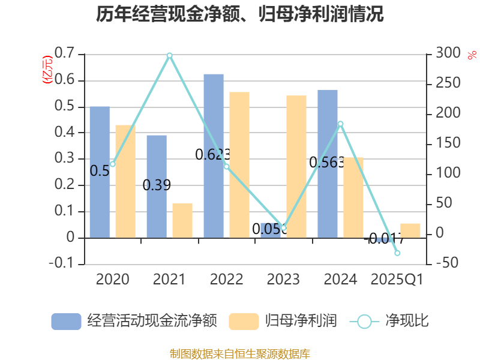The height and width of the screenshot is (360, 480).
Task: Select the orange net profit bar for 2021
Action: click(182, 220)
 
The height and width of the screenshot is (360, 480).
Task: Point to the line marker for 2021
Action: click(169, 55)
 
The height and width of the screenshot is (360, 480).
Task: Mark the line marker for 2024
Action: click(340, 124)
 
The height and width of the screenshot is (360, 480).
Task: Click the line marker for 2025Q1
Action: click(397, 253)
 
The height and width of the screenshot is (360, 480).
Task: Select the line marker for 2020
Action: click(112, 164)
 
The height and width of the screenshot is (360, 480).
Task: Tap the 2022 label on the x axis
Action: click(226, 279)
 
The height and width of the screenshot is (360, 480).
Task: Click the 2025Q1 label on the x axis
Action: click(397, 279)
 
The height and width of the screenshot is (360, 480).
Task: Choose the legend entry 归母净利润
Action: click(283, 321)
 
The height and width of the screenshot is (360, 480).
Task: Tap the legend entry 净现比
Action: click(390, 321)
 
